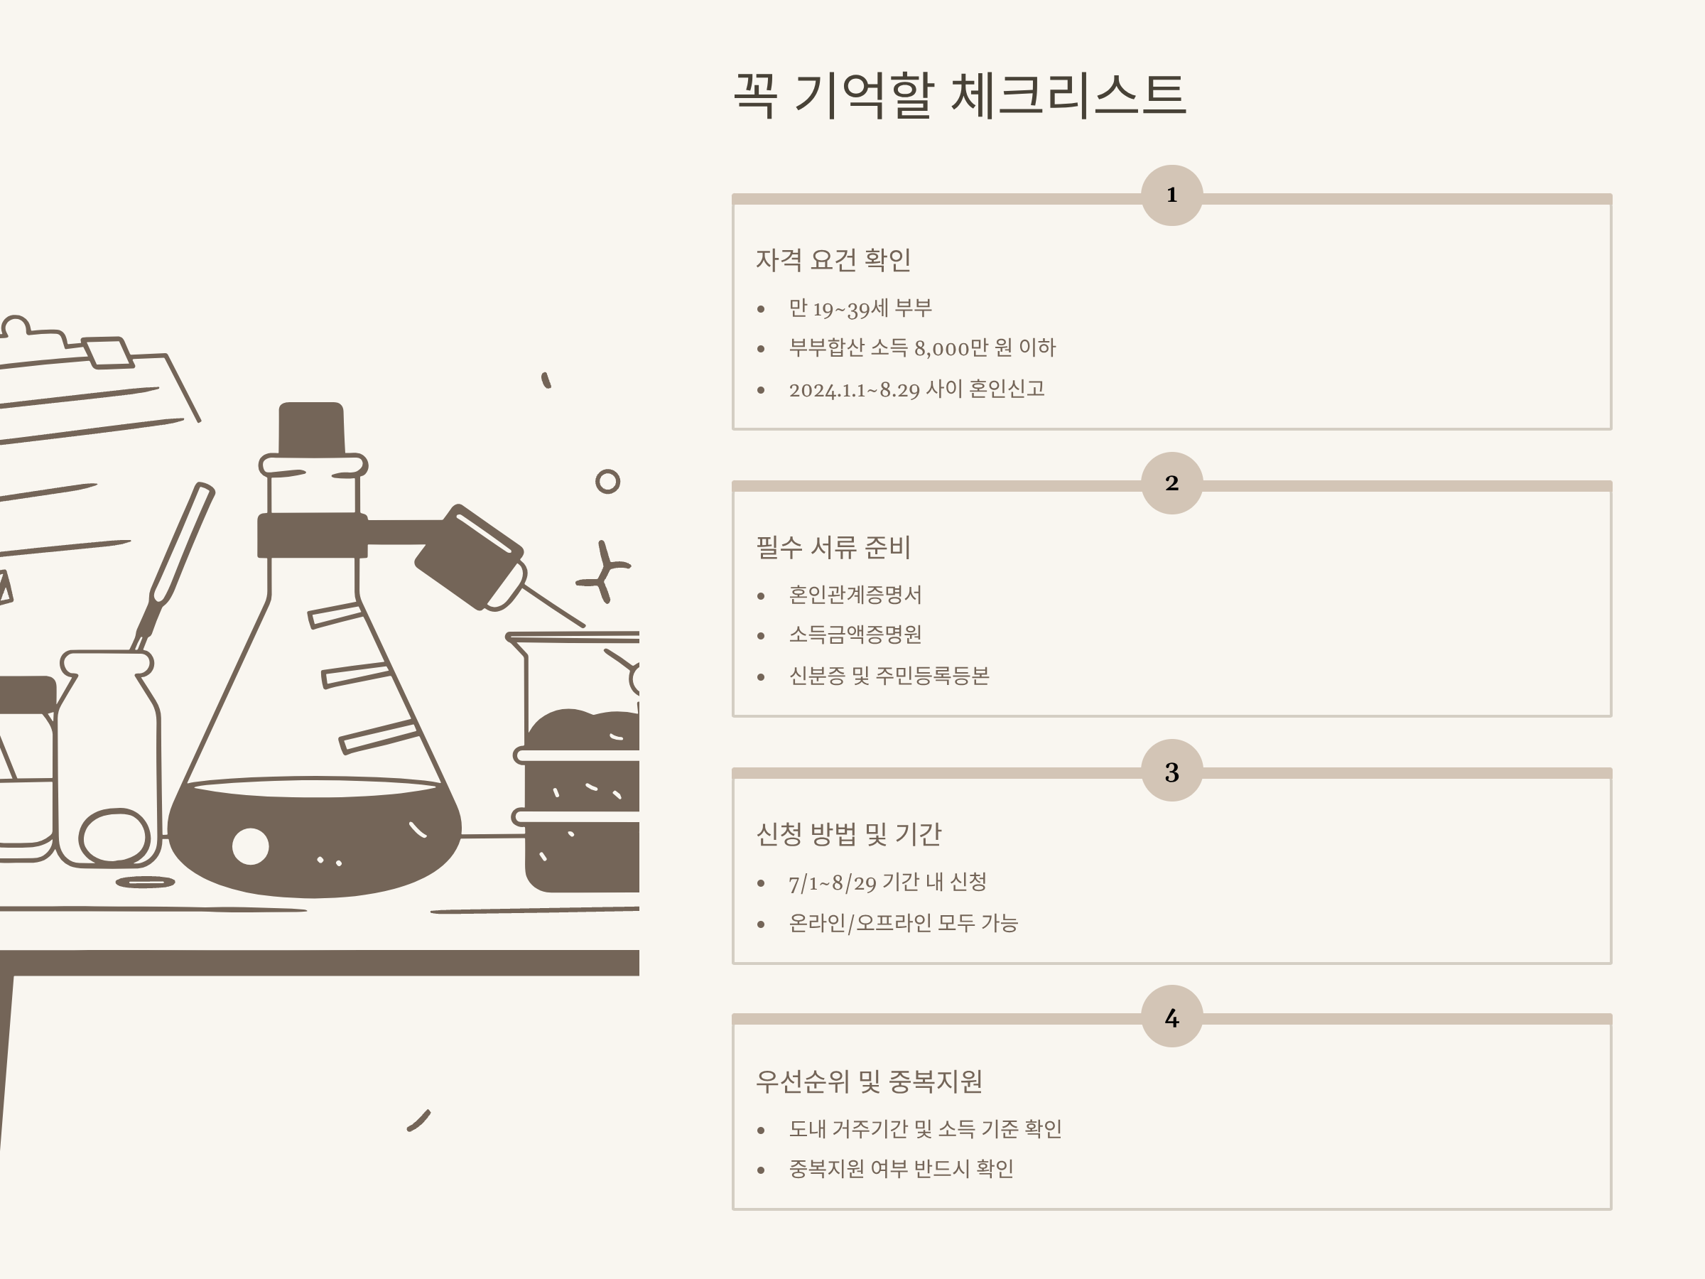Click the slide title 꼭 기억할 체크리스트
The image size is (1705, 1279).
pyautogui.click(x=959, y=96)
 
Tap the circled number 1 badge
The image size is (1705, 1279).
pyautogui.click(x=1171, y=195)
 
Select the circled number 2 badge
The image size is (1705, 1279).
pyautogui.click(x=1171, y=482)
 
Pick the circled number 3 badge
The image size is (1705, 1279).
pyautogui.click(x=1171, y=771)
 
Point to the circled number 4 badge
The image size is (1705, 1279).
pyautogui.click(x=1171, y=1017)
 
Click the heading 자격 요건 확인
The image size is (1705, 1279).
pyautogui.click(x=833, y=260)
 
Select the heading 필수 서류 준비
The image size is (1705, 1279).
pyautogui.click(x=833, y=547)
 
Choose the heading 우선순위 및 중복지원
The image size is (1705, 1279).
pyautogui.click(x=869, y=1081)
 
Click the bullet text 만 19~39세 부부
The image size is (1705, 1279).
pyautogui.click(x=860, y=308)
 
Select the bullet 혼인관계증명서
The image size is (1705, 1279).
pyautogui.click(x=855, y=595)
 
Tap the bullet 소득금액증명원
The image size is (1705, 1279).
pyautogui.click(x=855, y=635)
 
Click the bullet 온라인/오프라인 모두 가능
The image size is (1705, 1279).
pyautogui.click(x=904, y=923)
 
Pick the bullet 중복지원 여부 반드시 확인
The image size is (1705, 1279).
pyautogui.click(x=901, y=1169)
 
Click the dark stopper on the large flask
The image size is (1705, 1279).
pyautogui.click(x=311, y=428)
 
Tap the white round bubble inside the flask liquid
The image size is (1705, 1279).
pyautogui.click(x=251, y=846)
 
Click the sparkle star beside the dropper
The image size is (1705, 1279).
pyautogui.click(x=605, y=571)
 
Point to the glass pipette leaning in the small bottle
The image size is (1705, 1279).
pyautogui.click(x=173, y=566)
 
